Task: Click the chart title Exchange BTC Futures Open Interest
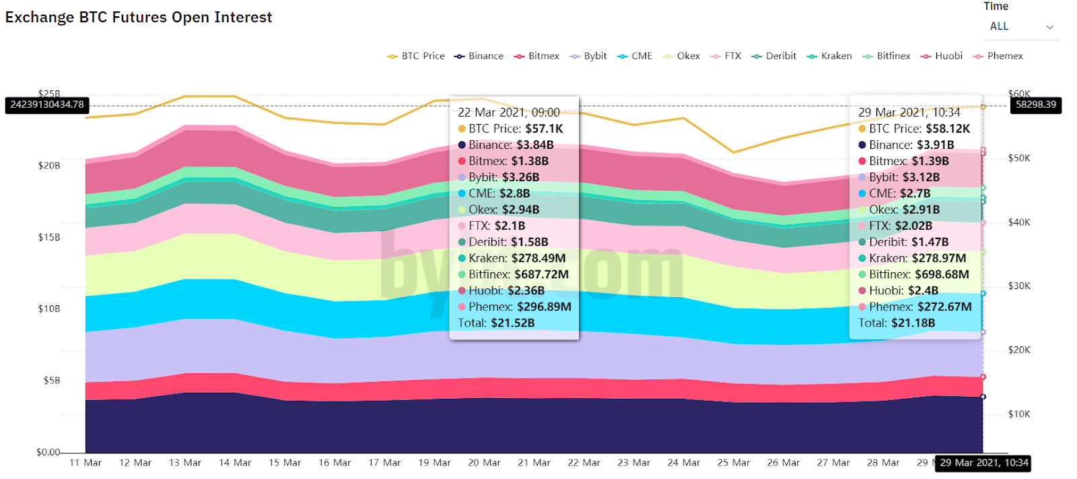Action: [139, 18]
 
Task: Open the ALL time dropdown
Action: [1020, 27]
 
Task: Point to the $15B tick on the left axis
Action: [49, 237]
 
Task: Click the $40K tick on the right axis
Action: [1019, 222]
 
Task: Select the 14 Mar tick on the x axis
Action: [235, 463]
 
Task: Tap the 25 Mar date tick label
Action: [733, 463]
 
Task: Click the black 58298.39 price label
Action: [1035, 105]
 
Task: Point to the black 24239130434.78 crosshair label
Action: [47, 105]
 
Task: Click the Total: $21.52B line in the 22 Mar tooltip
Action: [496, 323]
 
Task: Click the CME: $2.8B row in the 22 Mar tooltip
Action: [499, 193]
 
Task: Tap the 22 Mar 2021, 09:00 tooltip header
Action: [508, 113]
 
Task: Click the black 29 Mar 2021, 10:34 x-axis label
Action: [983, 463]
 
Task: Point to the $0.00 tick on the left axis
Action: [48, 452]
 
